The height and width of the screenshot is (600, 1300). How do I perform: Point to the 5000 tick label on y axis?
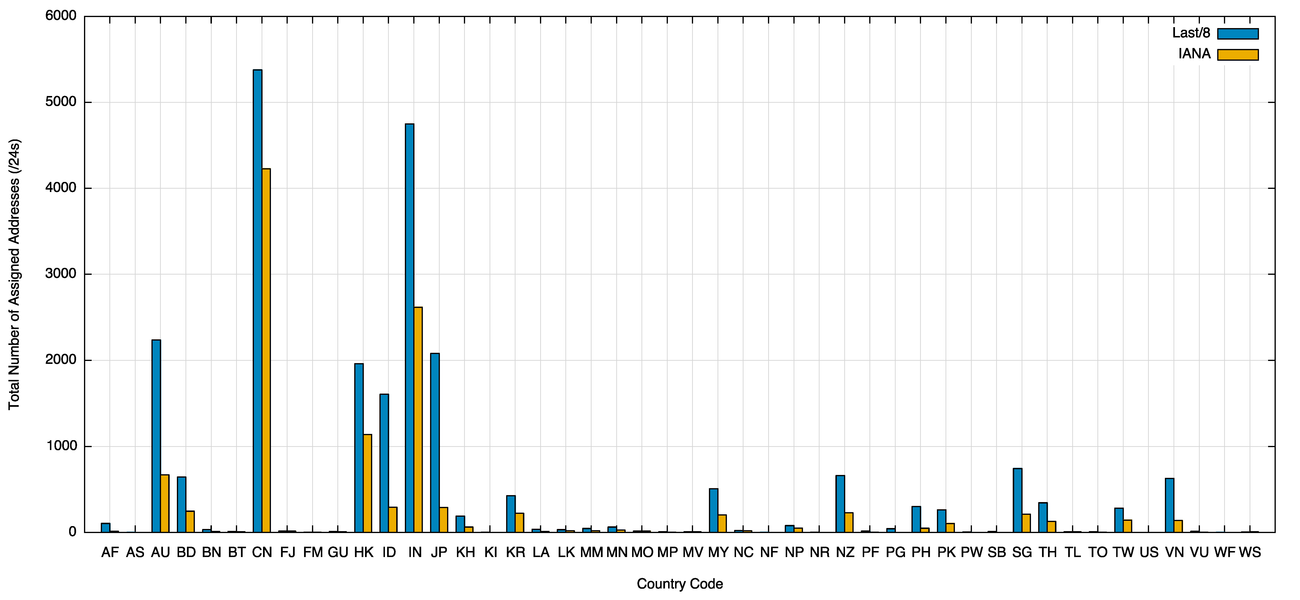(x=60, y=102)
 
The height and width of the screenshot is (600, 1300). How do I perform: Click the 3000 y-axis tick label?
(x=60, y=274)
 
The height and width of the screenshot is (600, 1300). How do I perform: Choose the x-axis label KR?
(x=515, y=552)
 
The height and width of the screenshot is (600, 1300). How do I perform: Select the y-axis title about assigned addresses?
(x=14, y=274)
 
